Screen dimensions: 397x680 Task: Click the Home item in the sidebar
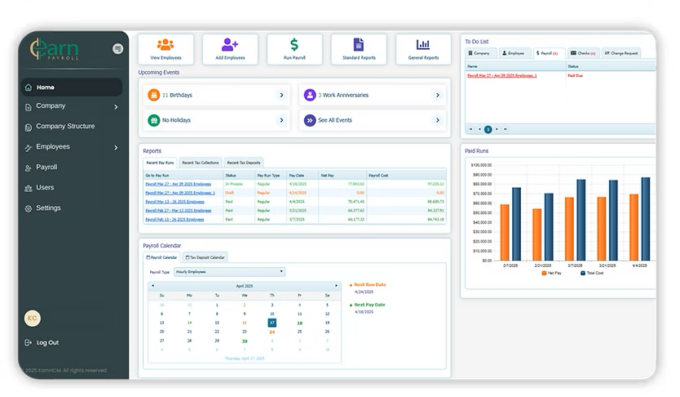46,87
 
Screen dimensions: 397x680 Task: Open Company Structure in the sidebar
65,127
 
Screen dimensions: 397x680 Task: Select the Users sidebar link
45,188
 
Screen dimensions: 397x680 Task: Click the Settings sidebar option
48,208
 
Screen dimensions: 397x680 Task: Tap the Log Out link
47,343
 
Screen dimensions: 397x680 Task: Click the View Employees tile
166,48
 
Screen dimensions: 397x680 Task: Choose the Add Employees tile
230,48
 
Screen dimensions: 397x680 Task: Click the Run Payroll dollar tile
294,48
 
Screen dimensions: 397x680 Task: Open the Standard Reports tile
359,48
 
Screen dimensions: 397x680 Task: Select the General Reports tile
423,48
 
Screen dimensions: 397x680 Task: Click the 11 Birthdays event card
217,96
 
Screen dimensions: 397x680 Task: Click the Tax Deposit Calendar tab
205,257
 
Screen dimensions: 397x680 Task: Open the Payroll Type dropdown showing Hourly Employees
229,271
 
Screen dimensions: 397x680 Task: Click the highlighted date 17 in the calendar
272,323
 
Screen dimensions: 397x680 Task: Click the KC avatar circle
33,318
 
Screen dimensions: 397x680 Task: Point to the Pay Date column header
297,175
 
